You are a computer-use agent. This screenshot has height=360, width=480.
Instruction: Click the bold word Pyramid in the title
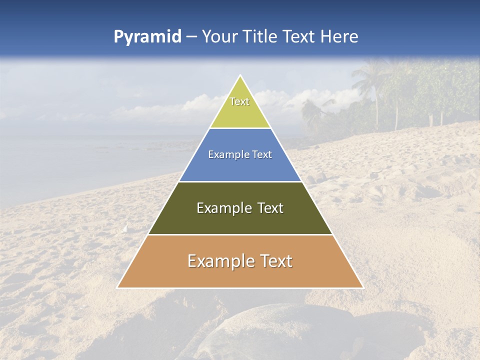[x=147, y=37]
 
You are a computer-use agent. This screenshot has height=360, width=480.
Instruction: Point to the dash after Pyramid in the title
[x=191, y=37]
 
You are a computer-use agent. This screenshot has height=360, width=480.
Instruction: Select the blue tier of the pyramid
[x=240, y=167]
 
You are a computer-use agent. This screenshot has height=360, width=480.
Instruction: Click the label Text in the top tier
[x=239, y=101]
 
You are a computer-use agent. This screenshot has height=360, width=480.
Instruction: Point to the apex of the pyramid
[x=240, y=76]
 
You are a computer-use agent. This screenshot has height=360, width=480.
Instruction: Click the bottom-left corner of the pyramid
[x=118, y=287]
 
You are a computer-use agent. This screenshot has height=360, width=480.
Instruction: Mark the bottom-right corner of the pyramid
[x=362, y=287]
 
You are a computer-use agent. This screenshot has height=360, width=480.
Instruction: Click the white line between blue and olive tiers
[x=240, y=181]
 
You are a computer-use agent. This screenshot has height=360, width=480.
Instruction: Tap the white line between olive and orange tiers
[x=240, y=235]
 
